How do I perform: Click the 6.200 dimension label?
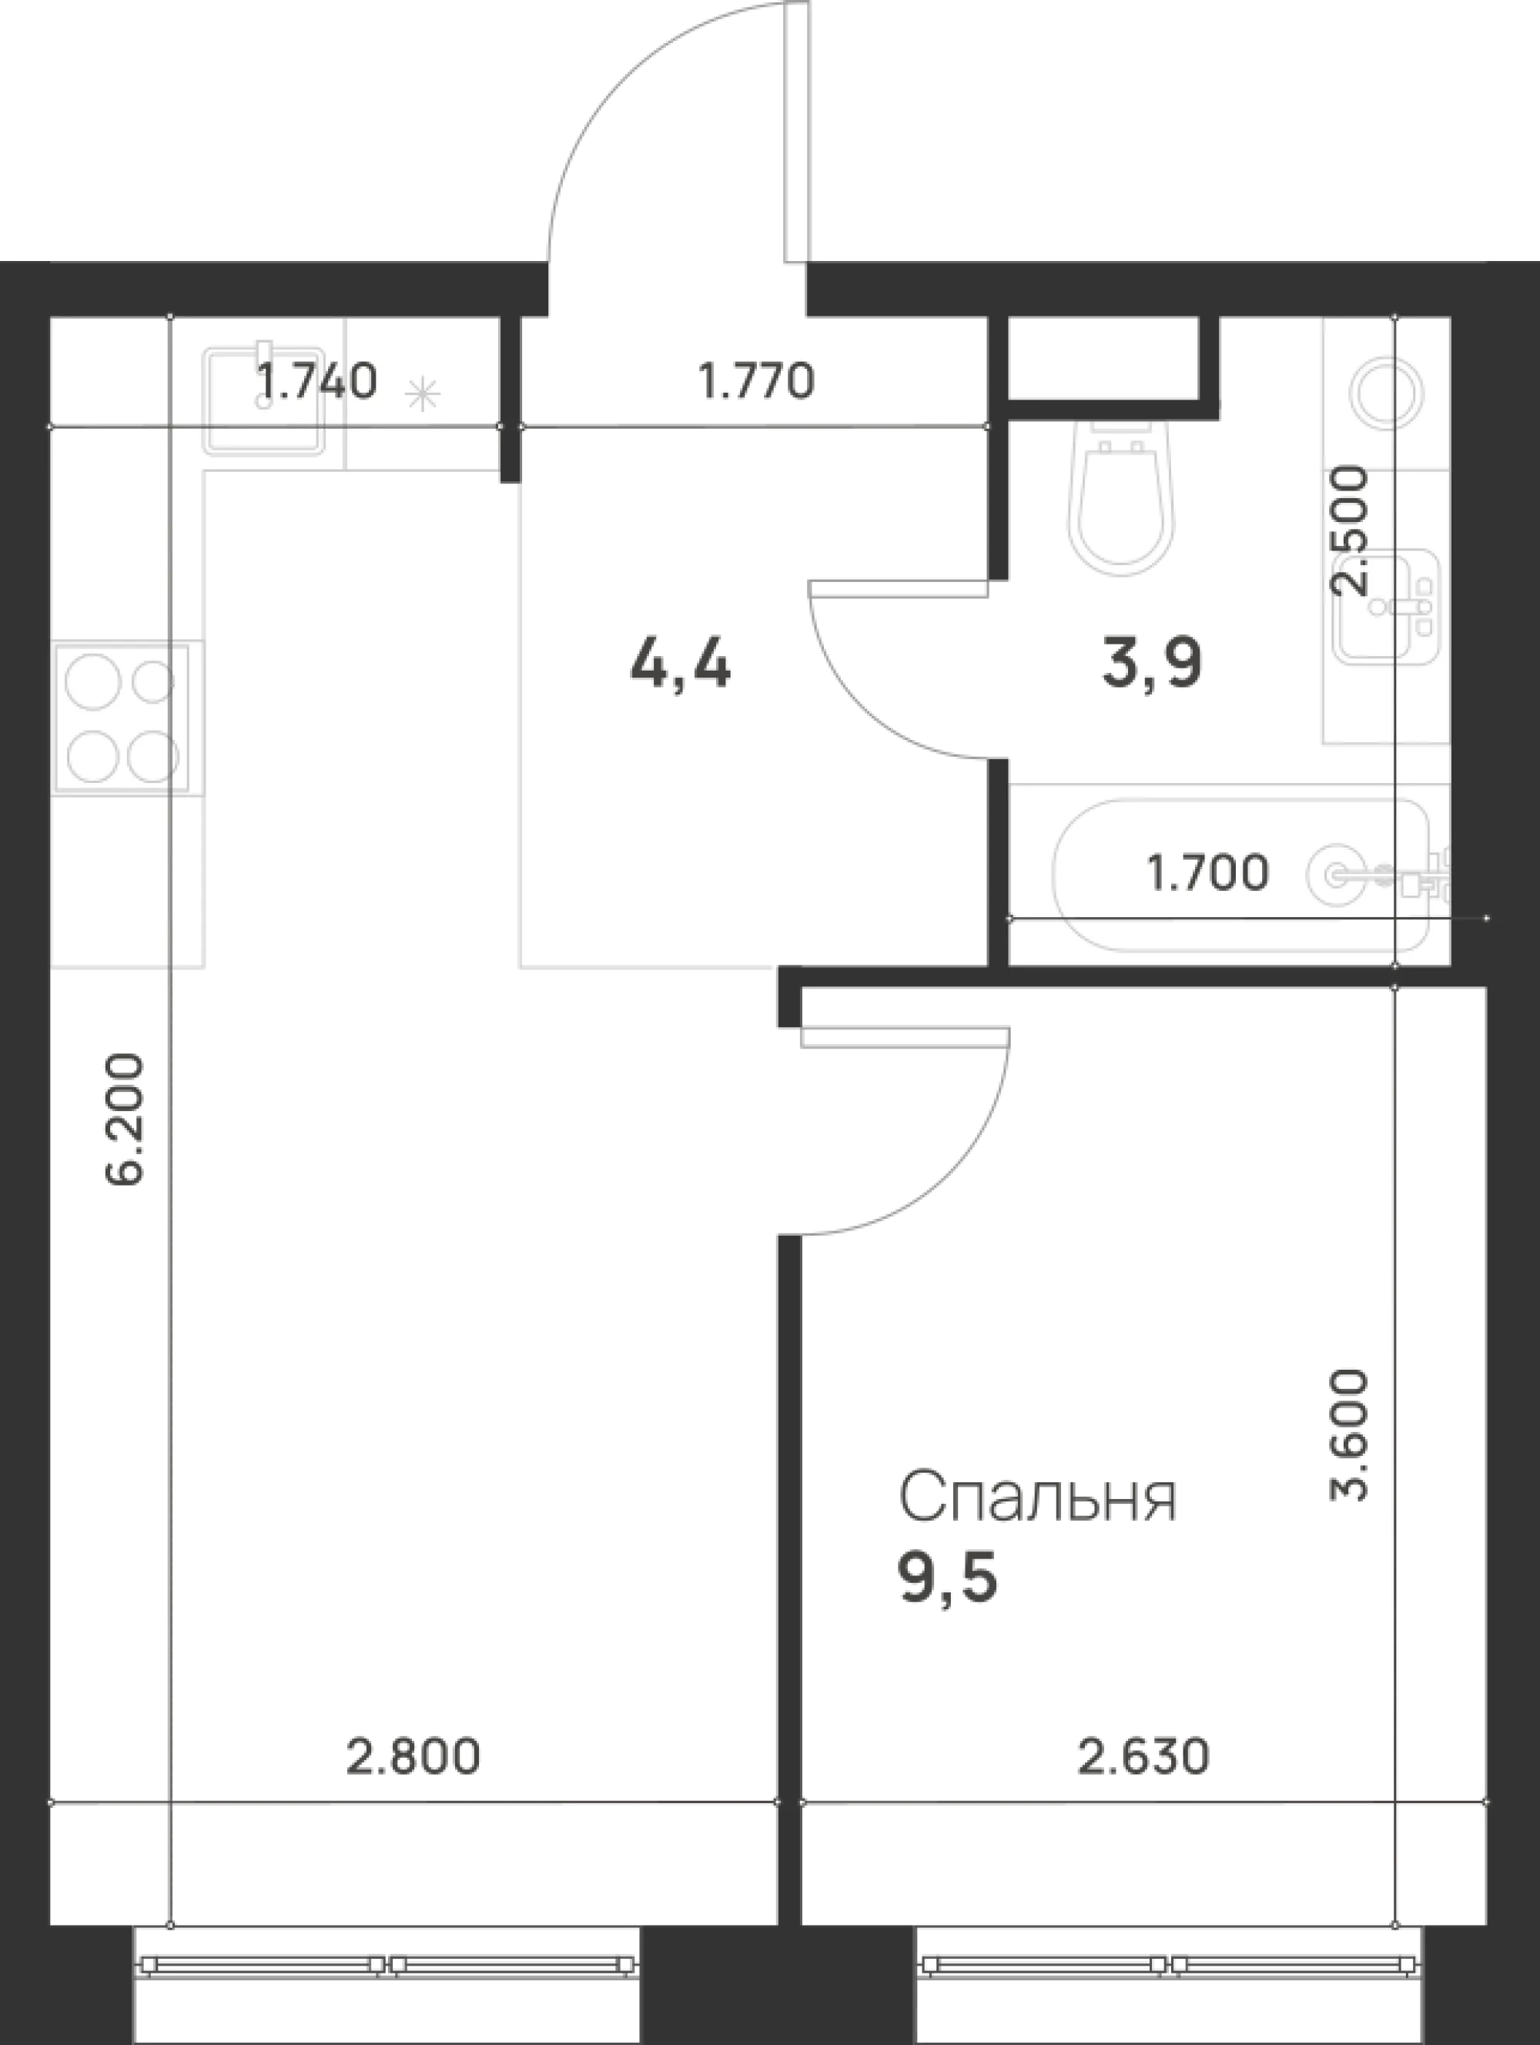125,1119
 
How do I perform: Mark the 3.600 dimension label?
1347,1461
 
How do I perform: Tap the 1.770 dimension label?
756,381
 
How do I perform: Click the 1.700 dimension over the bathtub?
1207,872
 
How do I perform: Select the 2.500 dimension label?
1347,530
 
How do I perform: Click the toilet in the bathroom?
1123,496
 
